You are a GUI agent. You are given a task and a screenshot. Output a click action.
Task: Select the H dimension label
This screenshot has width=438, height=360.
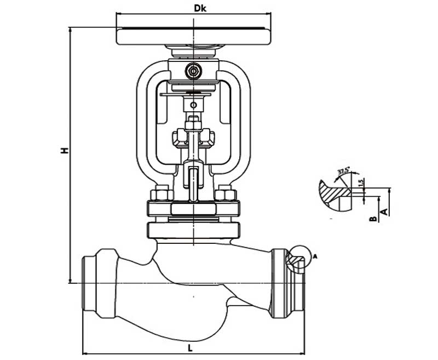[x=64, y=150]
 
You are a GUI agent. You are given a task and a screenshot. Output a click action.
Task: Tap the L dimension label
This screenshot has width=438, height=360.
[x=189, y=347]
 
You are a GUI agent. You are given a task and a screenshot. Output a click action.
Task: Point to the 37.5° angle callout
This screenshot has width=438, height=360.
[x=343, y=170]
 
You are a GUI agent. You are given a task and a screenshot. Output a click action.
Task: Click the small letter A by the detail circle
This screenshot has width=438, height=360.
[x=315, y=255]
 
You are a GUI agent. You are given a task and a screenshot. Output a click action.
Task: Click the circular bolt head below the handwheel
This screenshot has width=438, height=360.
[x=193, y=71]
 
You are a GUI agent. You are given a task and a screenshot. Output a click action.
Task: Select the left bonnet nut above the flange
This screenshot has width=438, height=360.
[x=161, y=194]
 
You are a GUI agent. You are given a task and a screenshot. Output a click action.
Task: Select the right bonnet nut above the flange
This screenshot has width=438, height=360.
[x=225, y=194]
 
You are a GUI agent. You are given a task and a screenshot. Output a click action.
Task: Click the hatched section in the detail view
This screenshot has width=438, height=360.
[x=334, y=191]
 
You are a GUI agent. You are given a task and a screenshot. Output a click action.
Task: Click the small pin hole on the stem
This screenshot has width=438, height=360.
[x=193, y=105]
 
